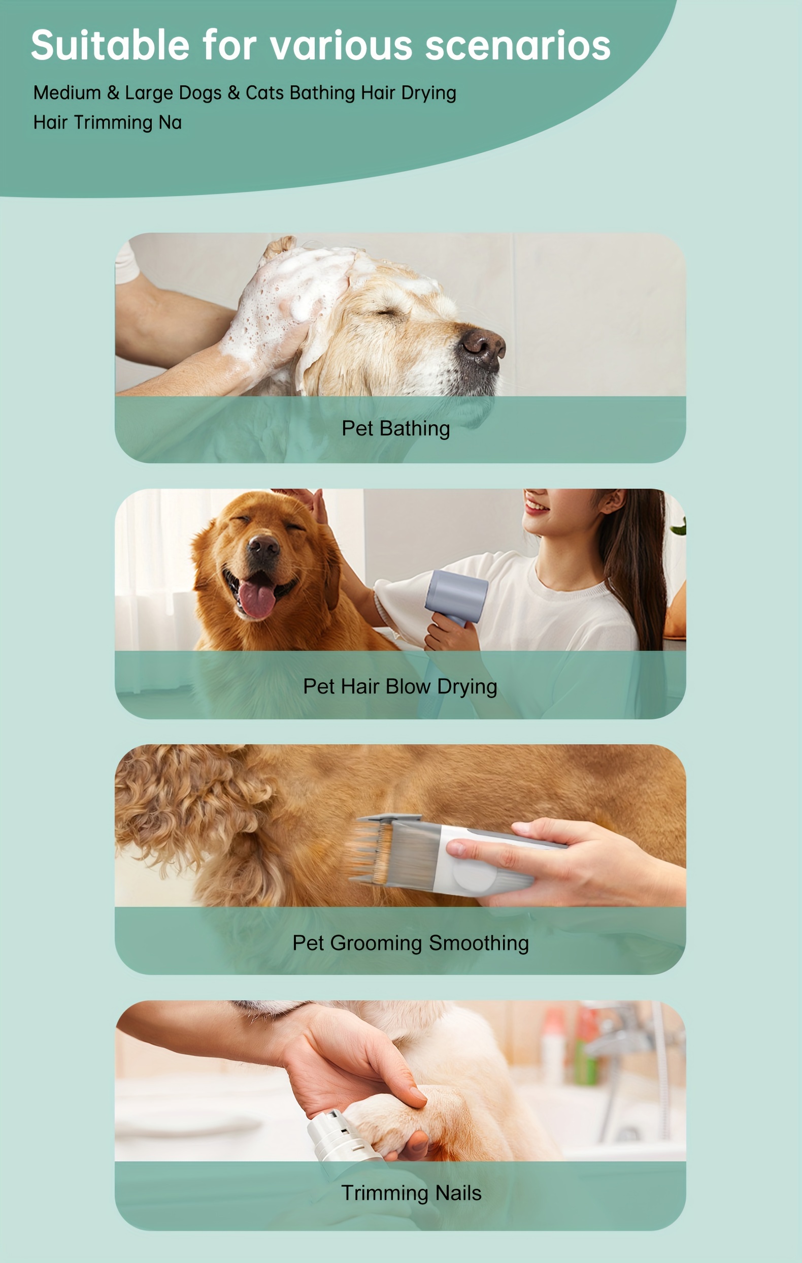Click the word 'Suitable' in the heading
110,45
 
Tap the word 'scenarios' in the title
517,45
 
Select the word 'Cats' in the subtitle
265,93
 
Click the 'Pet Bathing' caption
396,428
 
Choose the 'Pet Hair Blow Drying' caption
400,686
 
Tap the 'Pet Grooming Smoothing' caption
411,943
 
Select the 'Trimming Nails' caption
411,1193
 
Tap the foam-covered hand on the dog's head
278,309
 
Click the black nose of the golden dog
263,547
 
